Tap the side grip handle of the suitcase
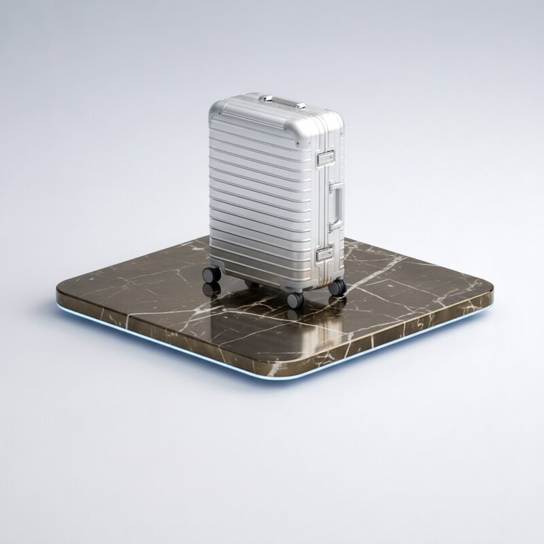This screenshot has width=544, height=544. (337, 206)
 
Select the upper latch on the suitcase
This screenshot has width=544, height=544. (325, 158)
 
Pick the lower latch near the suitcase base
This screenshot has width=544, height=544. (324, 255)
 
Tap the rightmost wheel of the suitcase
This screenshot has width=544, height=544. (337, 287)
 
